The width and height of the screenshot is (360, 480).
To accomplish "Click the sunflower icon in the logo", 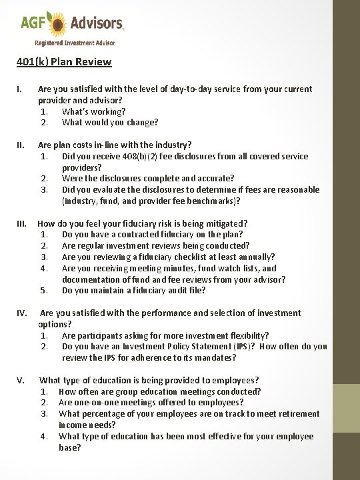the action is tap(59, 24).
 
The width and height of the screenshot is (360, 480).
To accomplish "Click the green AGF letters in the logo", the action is tap(33, 24).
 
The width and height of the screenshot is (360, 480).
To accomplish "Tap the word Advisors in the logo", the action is tap(97, 24).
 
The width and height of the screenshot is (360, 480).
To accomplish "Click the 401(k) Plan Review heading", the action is tap(64, 62).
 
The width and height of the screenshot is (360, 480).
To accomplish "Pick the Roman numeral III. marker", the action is tap(23, 224).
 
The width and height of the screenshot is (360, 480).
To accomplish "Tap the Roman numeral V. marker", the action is tap(21, 381).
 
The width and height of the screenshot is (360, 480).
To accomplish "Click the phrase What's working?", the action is tap(93, 111).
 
